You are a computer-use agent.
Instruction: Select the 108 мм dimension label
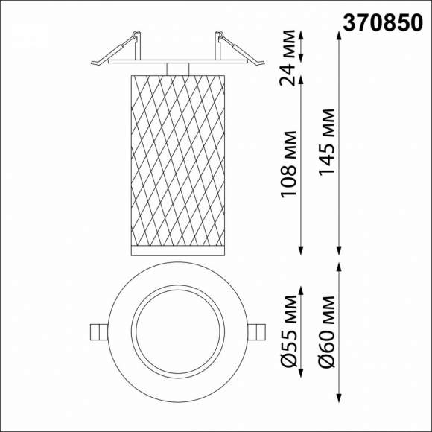point(289,165)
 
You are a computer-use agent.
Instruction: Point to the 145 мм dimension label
point(326,142)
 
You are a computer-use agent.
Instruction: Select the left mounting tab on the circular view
point(97,331)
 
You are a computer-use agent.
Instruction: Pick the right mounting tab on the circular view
point(255,331)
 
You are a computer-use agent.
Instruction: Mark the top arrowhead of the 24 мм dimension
point(302,35)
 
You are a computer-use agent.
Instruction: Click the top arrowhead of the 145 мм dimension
point(340,35)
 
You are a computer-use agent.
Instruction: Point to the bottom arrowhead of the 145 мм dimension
point(340,250)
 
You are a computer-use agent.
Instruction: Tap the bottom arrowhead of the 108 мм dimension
point(302,250)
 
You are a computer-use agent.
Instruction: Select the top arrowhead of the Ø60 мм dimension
point(340,266)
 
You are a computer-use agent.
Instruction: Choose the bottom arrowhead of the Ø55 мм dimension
point(302,375)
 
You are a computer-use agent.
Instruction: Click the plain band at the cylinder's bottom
point(177,249)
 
